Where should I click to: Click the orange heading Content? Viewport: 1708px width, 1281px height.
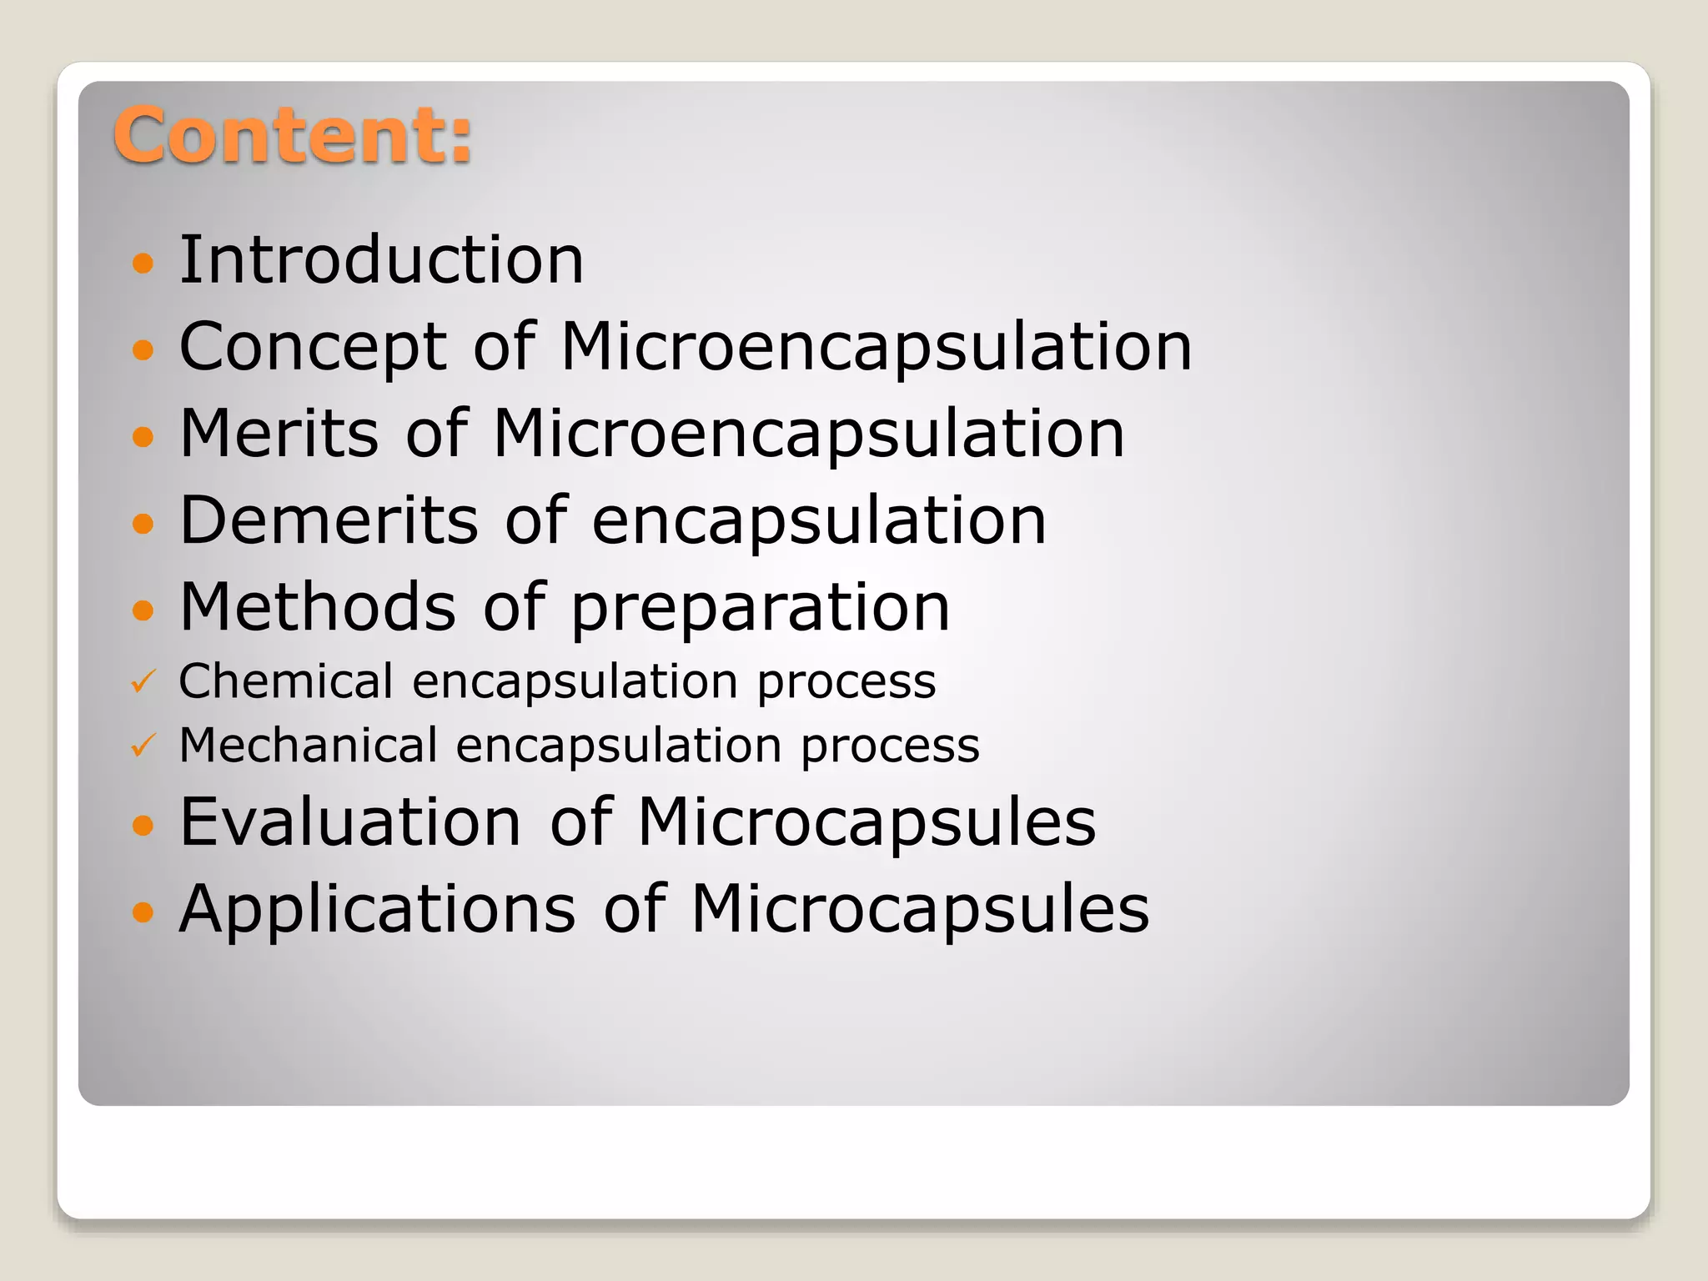(292, 135)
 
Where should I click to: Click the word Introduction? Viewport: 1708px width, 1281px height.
(381, 260)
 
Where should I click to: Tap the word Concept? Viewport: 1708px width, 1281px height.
(314, 347)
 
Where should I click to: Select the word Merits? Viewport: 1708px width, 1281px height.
(279, 434)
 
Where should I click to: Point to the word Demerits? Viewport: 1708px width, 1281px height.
(329, 520)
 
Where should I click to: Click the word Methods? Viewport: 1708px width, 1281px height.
(318, 607)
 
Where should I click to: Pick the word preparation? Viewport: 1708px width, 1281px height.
(760, 609)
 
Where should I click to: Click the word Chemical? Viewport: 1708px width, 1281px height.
(285, 681)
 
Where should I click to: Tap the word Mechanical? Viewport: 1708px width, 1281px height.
(308, 745)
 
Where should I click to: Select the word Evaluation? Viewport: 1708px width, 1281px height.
(350, 822)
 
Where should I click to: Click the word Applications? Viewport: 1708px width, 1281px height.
(377, 909)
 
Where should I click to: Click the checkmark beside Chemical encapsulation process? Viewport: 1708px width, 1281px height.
(143, 682)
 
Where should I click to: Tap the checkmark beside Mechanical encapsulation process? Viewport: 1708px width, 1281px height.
(143, 746)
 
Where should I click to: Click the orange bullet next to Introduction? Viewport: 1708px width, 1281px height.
(143, 264)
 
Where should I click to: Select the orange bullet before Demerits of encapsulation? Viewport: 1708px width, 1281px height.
(143, 524)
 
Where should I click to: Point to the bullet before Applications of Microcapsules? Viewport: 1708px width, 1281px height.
(143, 912)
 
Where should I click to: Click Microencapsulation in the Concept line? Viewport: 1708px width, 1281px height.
(877, 347)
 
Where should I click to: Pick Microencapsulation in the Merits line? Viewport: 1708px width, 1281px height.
(808, 434)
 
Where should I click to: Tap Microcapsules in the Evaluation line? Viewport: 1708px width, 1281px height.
(867, 822)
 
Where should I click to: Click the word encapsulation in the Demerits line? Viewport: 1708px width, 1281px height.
(819, 522)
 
